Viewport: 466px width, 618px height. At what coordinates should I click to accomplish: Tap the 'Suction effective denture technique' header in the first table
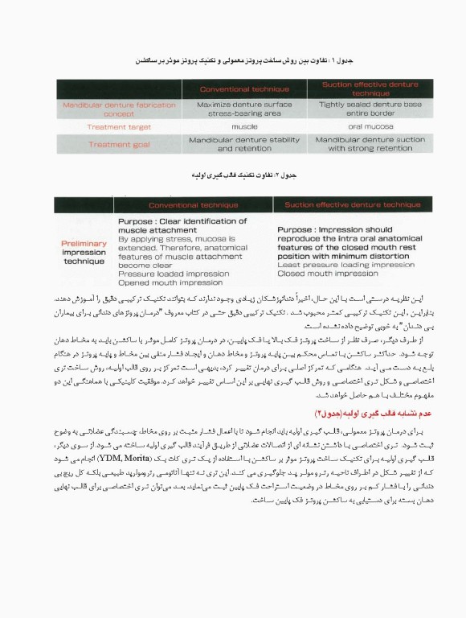pyautogui.click(x=358, y=89)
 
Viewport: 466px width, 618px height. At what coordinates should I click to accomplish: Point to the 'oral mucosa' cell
pyautogui.click(x=358, y=127)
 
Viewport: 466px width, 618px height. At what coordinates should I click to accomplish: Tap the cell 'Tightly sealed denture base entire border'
pyautogui.click(x=358, y=109)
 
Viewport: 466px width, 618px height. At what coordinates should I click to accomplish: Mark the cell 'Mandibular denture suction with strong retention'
pyautogui.click(x=358, y=144)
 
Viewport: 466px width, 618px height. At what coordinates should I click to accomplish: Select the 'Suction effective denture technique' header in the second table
pyautogui.click(x=341, y=205)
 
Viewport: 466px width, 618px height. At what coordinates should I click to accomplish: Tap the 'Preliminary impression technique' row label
pyautogui.click(x=84, y=250)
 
